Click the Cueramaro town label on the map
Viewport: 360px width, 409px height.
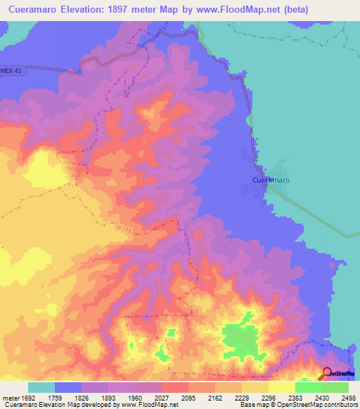(x=271, y=180)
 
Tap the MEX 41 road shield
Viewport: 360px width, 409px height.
(x=13, y=71)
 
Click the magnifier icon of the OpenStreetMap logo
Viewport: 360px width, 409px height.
(x=327, y=374)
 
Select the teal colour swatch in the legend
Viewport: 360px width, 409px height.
(x=41, y=387)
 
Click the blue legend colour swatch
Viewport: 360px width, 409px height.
(x=68, y=387)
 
